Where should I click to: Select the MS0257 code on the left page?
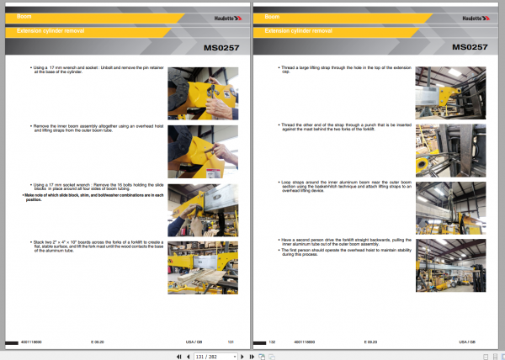221,47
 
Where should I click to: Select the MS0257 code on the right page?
472,47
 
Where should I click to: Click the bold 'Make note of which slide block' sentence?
93,197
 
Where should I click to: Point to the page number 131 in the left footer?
231,342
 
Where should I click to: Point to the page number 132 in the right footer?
272,342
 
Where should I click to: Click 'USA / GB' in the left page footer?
193,342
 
